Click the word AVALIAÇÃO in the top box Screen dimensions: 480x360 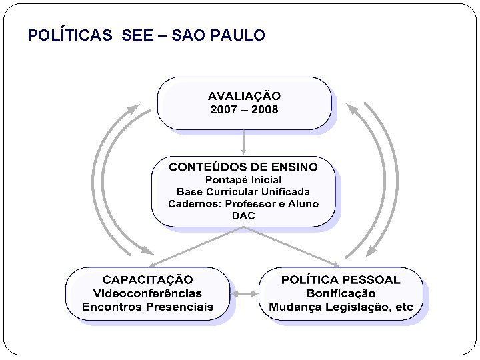click(x=244, y=96)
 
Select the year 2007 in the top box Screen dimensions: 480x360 click(x=223, y=109)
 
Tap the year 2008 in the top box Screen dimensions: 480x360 click(x=265, y=109)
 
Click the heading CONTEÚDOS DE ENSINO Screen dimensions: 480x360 click(x=243, y=167)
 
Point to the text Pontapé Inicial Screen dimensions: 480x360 click(x=243, y=180)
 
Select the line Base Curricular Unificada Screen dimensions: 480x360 click(x=243, y=192)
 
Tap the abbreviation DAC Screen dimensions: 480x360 click(x=243, y=216)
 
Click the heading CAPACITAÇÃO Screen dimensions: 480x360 click(x=147, y=280)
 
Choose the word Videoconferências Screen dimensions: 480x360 click(x=147, y=293)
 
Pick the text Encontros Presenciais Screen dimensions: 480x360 click(x=147, y=307)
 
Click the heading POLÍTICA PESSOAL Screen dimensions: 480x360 click(x=341, y=280)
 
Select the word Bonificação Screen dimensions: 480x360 click(x=341, y=293)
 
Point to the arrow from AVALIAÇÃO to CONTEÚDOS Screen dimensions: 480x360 click(x=244, y=141)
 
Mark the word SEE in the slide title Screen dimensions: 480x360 click(x=137, y=35)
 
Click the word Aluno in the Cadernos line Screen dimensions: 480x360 click(x=304, y=204)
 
